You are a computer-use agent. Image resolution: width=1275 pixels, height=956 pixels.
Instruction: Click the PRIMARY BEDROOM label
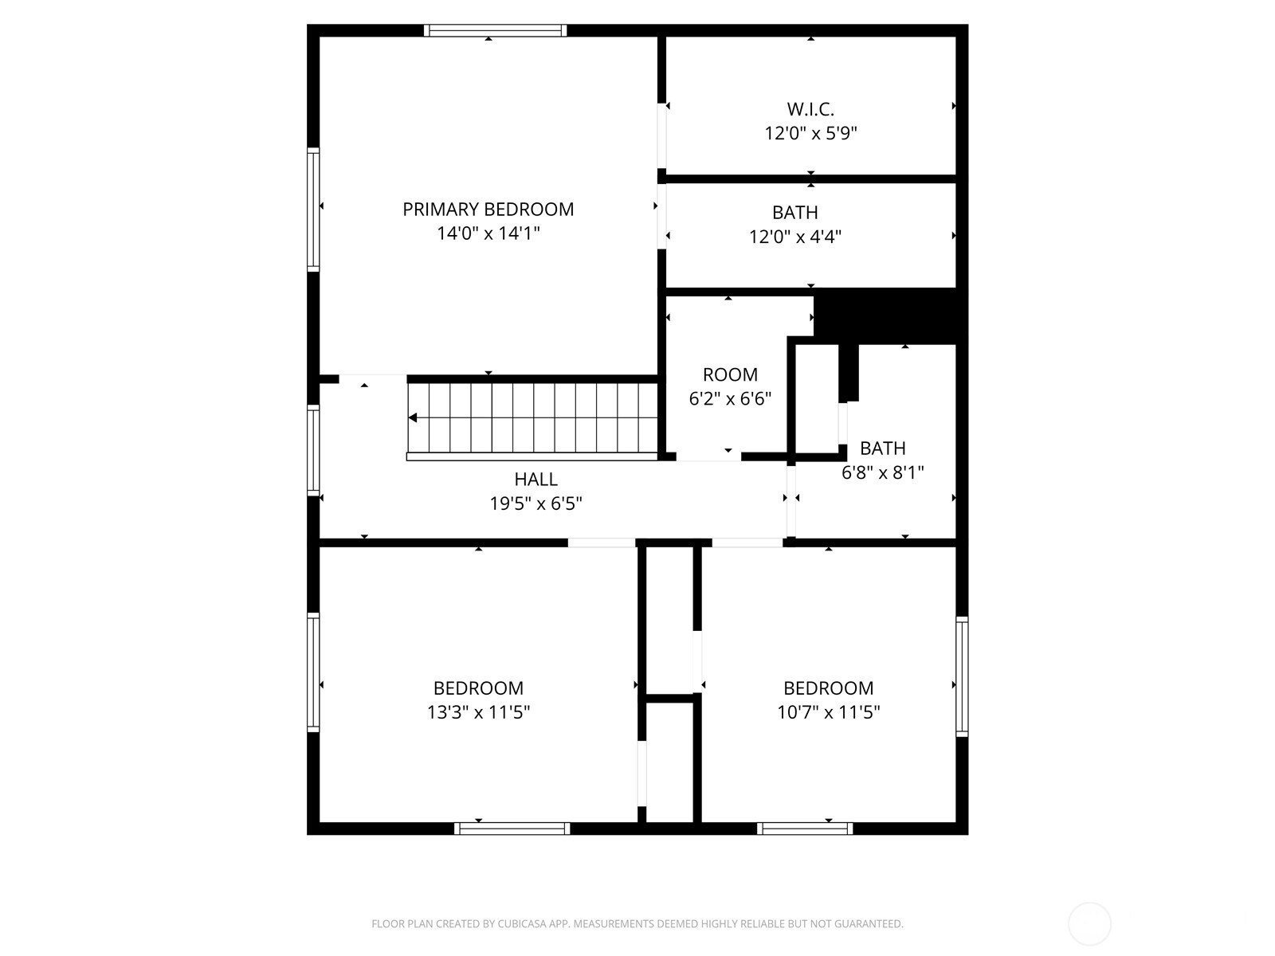point(488,209)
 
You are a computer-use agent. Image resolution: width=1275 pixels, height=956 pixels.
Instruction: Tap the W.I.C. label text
point(810,108)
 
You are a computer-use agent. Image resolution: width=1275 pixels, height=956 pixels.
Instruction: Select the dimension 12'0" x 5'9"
point(810,133)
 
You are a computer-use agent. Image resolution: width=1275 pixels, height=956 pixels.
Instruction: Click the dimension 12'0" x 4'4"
point(794,237)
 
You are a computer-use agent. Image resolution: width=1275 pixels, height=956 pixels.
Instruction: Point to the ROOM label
point(730,374)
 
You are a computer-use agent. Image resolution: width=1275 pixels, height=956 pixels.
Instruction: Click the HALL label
point(535,479)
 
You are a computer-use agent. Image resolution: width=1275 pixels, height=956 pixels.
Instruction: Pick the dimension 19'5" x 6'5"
point(535,503)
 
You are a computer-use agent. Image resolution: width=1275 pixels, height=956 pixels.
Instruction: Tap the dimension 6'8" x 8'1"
point(882,472)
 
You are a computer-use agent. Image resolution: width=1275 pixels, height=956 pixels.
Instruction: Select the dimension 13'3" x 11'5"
point(478,711)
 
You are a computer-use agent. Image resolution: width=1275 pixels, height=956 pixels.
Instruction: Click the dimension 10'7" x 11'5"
point(828,711)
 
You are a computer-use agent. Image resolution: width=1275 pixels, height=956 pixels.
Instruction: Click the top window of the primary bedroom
point(495,30)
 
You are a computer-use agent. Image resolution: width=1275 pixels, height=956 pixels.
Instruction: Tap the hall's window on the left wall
point(313,450)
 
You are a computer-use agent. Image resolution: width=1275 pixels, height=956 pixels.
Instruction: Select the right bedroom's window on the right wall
point(962,677)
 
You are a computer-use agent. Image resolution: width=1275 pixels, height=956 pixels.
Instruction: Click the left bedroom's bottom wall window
point(512,829)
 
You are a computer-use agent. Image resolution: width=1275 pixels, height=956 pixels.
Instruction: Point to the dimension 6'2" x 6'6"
point(730,399)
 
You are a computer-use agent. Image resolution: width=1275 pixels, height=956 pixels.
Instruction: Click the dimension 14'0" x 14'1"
point(488,233)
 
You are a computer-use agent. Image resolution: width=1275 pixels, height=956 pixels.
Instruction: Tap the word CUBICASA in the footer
point(521,924)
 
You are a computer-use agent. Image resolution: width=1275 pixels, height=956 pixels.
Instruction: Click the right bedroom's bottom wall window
point(805,829)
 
